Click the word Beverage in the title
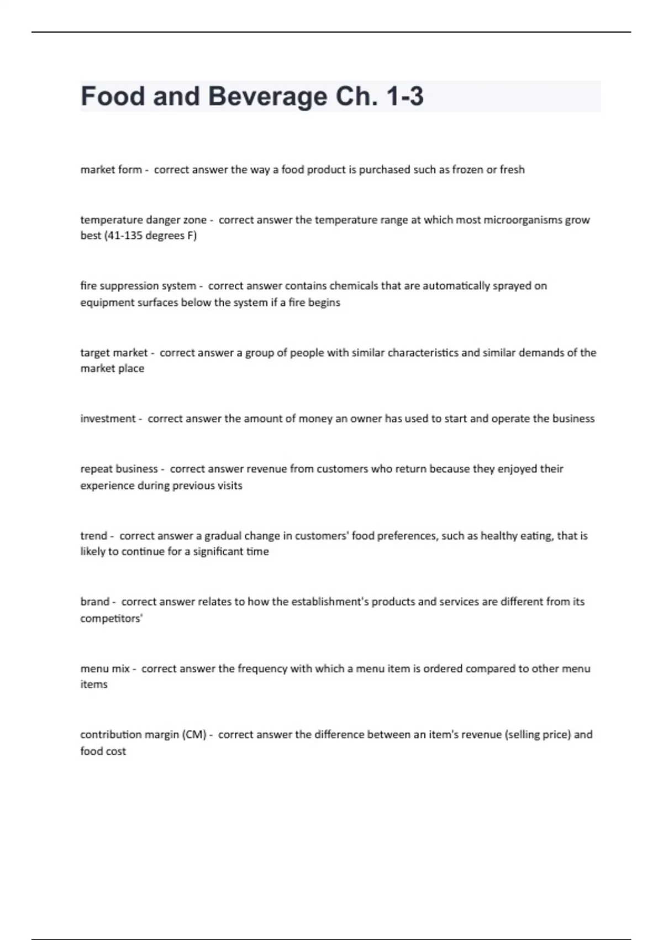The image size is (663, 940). [x=267, y=97]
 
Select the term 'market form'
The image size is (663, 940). [x=111, y=170]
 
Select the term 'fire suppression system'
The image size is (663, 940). [x=138, y=286]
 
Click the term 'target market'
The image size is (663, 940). [x=114, y=353]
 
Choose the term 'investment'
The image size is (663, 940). [x=108, y=419]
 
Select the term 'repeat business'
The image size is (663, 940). [x=119, y=469]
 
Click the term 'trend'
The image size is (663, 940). [x=93, y=536]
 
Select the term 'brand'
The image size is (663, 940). [x=94, y=602]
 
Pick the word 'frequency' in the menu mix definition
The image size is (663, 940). [x=262, y=669]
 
